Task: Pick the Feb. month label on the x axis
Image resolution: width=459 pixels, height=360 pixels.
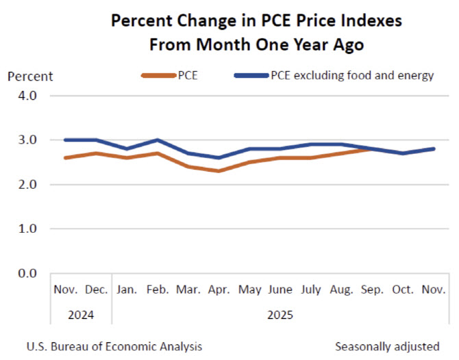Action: pos(158,290)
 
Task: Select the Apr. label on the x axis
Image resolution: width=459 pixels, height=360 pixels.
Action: pos(219,290)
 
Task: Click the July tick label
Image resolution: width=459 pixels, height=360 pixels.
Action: pos(311,290)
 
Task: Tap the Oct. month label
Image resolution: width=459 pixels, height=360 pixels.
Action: pos(403,290)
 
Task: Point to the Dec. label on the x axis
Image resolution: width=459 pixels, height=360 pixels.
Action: pos(97,290)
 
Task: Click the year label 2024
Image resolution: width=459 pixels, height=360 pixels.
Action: pos(81,316)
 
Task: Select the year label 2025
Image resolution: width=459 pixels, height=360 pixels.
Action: pos(280,316)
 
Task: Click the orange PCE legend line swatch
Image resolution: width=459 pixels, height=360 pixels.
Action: pos(157,75)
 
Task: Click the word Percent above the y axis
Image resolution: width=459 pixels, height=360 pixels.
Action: pos(30,76)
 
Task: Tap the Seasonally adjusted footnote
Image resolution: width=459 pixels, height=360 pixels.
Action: pos(388,346)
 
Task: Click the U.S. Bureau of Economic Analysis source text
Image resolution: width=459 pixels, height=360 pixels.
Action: pos(114,346)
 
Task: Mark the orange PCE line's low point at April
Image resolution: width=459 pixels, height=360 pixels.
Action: pos(219,171)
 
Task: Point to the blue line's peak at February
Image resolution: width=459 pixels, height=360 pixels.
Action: pos(158,140)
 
